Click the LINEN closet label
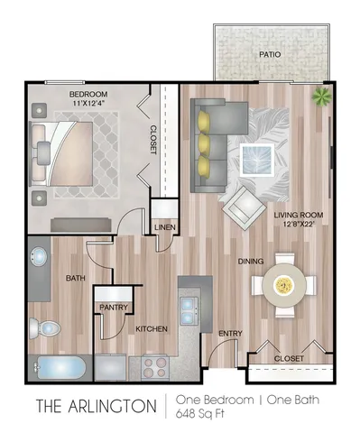click(163, 227)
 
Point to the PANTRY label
click(111, 308)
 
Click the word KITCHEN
click(151, 329)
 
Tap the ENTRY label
click(230, 333)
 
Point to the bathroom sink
click(39, 261)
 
